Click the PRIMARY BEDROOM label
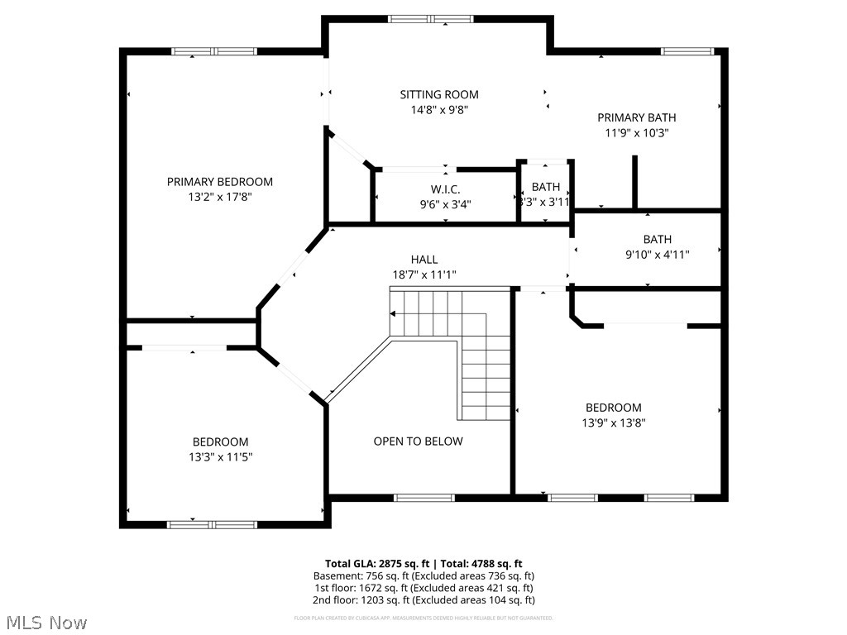coord(220,182)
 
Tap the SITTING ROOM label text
coord(439,95)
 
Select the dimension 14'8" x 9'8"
coord(439,110)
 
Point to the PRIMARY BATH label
coord(637,117)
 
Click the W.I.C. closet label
coord(445,189)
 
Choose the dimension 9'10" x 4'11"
coord(658,255)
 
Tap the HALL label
coord(424,260)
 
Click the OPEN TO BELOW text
coord(418,442)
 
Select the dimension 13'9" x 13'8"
coord(614,423)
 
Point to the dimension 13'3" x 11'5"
coord(221,457)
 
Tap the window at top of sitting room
coord(430,19)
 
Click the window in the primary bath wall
coord(687,51)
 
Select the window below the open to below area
coord(423,498)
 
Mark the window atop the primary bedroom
coord(208,51)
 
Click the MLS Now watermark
coord(45,622)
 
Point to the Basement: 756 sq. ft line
coord(423,575)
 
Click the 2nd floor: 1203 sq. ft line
coord(423,600)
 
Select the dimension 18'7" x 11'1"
coord(424,275)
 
